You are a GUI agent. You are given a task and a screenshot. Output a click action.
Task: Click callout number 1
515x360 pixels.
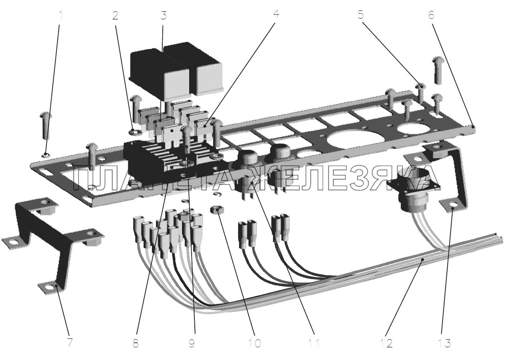pyautogui.click(x=61, y=15)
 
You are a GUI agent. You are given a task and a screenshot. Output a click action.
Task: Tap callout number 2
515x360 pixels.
pyautogui.click(x=115, y=15)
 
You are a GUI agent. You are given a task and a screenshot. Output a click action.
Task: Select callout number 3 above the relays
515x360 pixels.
pyautogui.click(x=164, y=15)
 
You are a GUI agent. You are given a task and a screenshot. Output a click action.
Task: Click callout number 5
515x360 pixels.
pyautogui.click(x=361, y=15)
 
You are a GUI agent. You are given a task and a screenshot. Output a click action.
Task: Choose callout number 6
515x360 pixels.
pyautogui.click(x=431, y=15)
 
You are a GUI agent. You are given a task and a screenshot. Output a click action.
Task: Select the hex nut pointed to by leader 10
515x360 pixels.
pyautogui.click(x=216, y=210)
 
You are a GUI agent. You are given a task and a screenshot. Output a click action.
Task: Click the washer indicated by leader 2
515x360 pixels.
pyautogui.click(x=133, y=132)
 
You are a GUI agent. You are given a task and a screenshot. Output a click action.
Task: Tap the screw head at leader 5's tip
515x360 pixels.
pyautogui.click(x=420, y=87)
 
